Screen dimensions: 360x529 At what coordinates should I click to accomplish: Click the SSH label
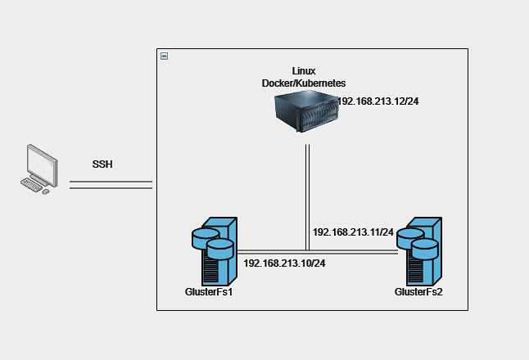[x=102, y=164]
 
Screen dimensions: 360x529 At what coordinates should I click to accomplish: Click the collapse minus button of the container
[x=165, y=56]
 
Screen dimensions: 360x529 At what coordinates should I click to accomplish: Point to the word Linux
[x=304, y=72]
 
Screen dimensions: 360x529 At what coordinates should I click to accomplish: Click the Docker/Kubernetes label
[x=304, y=83]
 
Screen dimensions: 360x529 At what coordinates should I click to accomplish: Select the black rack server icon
[x=305, y=114]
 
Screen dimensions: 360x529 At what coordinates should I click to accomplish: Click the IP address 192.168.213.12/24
[x=384, y=101]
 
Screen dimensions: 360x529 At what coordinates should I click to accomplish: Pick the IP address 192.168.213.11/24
[x=353, y=232]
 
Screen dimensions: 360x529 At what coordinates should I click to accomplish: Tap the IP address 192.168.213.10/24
[x=284, y=263]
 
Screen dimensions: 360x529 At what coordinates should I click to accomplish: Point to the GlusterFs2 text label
[x=418, y=291]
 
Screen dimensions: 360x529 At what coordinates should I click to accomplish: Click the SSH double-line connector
[x=111, y=185]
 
